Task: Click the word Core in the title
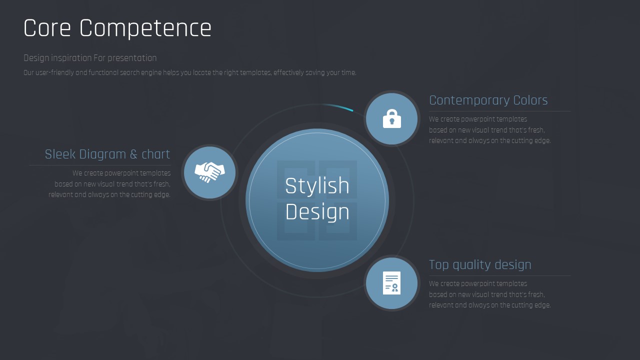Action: pyautogui.click(x=47, y=28)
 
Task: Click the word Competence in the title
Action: pyautogui.click(x=145, y=29)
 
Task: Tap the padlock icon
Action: pyautogui.click(x=391, y=118)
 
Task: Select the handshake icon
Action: pyautogui.click(x=209, y=172)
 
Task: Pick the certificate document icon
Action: pyautogui.click(x=391, y=283)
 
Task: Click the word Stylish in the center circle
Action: pyautogui.click(x=317, y=185)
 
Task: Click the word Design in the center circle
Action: pyautogui.click(x=317, y=212)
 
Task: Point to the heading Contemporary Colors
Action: pyautogui.click(x=488, y=100)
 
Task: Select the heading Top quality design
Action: pyautogui.click(x=480, y=265)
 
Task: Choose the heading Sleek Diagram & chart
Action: pyautogui.click(x=107, y=154)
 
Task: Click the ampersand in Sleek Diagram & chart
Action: pyautogui.click(x=133, y=154)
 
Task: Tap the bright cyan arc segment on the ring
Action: pyautogui.click(x=337, y=106)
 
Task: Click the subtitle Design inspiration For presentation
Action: pyautogui.click(x=90, y=58)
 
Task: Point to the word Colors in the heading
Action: pyautogui.click(x=530, y=100)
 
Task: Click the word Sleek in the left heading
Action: pyautogui.click(x=60, y=154)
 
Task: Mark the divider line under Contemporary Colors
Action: pyautogui.click(x=499, y=111)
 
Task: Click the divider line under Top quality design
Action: pyautogui.click(x=499, y=275)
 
